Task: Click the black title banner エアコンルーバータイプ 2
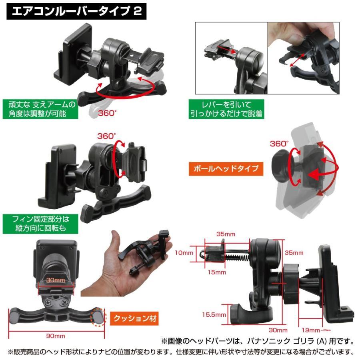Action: (76, 11)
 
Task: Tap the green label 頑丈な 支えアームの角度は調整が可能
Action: (39, 109)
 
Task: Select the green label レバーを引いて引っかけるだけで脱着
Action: (226, 109)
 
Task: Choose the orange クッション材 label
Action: (134, 318)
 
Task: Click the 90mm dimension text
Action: (56, 336)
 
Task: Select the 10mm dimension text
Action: (184, 253)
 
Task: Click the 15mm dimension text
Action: (217, 272)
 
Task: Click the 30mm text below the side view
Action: (278, 330)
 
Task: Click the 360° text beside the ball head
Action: (279, 143)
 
